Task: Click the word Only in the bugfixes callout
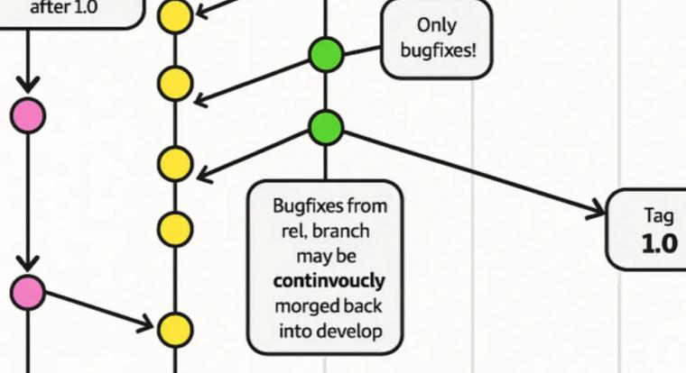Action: pos(437,25)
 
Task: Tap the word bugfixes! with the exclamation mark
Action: pos(437,50)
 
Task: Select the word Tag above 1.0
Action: pos(659,216)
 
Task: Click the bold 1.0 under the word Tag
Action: pos(659,243)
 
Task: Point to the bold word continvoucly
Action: pos(329,280)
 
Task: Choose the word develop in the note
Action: pos(348,331)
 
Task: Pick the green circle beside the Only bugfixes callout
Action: pos(327,55)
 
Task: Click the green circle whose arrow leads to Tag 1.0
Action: pos(327,128)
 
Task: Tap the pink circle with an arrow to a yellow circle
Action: pos(28,291)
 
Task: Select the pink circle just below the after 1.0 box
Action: pos(28,116)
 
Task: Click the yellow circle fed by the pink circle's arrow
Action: pos(175,327)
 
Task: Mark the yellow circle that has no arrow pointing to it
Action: pos(175,228)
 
